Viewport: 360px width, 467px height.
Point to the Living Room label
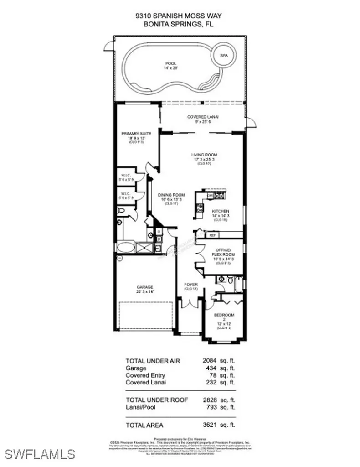tap(203, 155)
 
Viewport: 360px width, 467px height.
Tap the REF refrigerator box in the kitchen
tap(212, 235)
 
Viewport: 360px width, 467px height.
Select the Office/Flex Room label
tap(224, 250)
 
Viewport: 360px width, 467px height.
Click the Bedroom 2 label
tap(224, 315)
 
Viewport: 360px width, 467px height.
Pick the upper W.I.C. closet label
tap(126, 176)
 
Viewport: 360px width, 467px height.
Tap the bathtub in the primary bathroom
tap(126, 248)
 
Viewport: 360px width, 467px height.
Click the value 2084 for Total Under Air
tap(210, 361)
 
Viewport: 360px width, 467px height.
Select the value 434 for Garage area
tap(212, 368)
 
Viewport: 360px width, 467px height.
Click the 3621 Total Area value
tap(210, 425)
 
